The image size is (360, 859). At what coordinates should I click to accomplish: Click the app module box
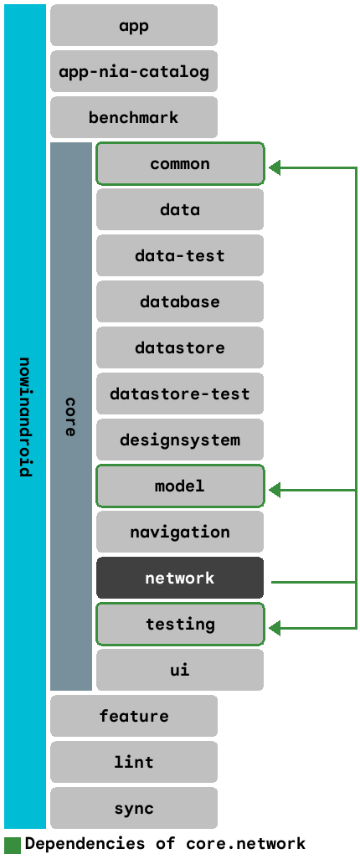point(134,25)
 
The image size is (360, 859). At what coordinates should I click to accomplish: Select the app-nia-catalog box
point(134,71)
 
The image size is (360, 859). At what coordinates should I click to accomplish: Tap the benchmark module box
point(134,117)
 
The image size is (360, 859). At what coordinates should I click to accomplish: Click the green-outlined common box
point(180,163)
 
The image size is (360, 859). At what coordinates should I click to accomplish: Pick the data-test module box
point(180,255)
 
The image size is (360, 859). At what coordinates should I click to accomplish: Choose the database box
point(180,301)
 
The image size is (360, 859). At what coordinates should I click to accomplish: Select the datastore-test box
point(180,393)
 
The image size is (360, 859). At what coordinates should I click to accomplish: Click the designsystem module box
point(180,440)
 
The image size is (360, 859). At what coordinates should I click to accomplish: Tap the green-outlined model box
point(180,486)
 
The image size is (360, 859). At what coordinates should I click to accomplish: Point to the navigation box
point(180,532)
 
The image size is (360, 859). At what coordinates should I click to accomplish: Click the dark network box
point(180,578)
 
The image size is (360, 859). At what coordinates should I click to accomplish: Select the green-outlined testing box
point(180,624)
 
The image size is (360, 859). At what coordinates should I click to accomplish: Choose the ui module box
point(180,670)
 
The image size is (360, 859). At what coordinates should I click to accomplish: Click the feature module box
point(134,716)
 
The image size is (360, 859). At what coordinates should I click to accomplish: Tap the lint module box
point(134,762)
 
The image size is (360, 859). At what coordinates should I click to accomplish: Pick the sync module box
point(134,808)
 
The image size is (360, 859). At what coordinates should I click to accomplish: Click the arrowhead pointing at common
point(275,168)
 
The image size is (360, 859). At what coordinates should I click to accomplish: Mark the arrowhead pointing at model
point(275,491)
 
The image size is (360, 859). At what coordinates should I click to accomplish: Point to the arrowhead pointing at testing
point(275,628)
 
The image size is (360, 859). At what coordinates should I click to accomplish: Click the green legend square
point(13,844)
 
